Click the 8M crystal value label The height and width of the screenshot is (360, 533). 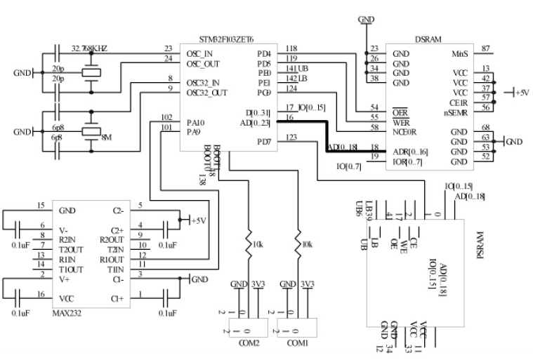pos(107,139)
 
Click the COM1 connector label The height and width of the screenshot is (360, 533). pos(298,342)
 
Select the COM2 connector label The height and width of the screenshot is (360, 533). pos(248,342)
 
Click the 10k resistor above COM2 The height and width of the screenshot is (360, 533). pos(249,244)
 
